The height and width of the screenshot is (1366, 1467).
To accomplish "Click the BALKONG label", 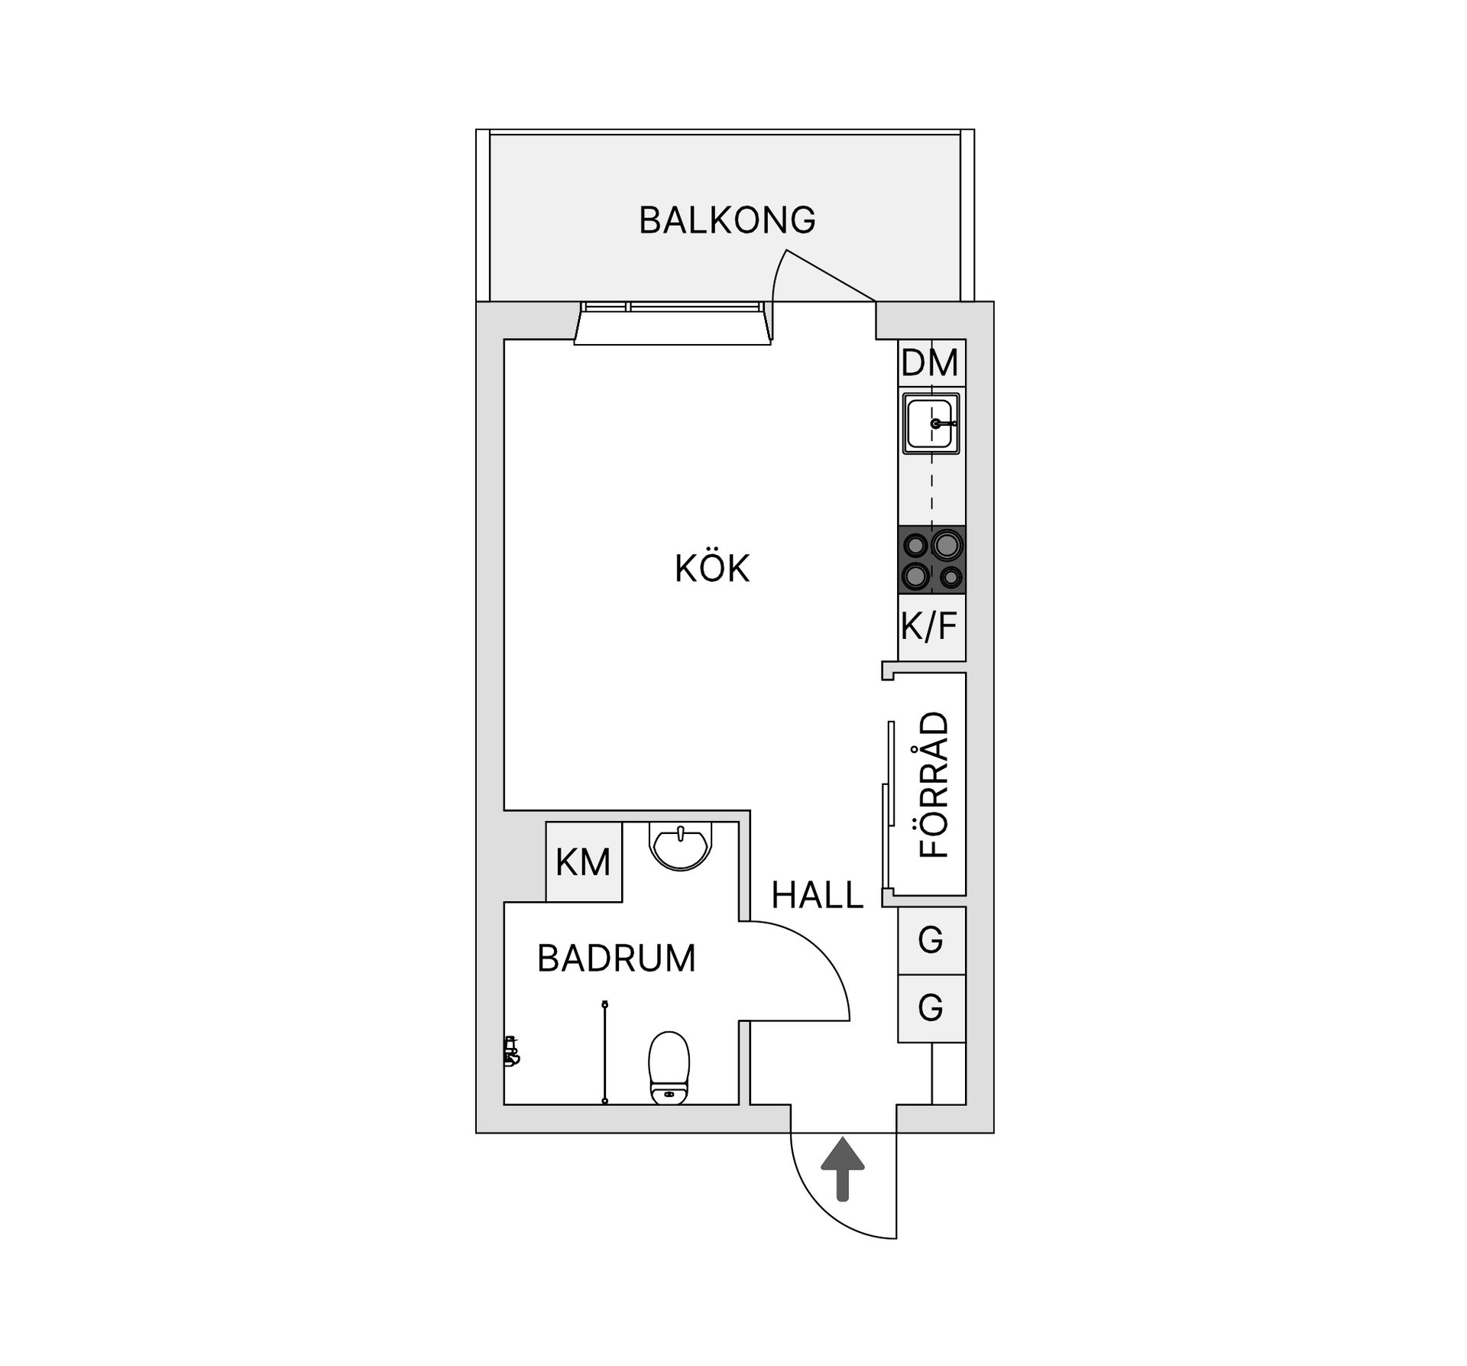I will (727, 220).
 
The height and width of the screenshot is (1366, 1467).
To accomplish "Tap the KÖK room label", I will (712, 569).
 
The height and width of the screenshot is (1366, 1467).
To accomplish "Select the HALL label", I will (817, 895).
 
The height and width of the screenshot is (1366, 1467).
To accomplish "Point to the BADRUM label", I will (617, 959).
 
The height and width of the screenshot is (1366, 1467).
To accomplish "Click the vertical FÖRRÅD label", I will (933, 784).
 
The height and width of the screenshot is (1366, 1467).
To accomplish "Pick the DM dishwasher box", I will (931, 363).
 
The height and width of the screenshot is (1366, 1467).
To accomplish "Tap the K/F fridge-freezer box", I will (931, 627).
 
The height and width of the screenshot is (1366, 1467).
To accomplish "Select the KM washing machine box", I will (584, 862).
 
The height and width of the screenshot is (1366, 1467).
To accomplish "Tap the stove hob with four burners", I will (932, 560).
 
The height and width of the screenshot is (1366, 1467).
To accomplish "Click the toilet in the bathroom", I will (669, 1068).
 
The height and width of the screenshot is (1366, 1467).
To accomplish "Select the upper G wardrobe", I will (931, 940).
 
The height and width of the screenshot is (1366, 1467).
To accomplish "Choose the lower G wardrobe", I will (931, 1008).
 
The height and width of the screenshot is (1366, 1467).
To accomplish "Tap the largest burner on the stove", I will (947, 545).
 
